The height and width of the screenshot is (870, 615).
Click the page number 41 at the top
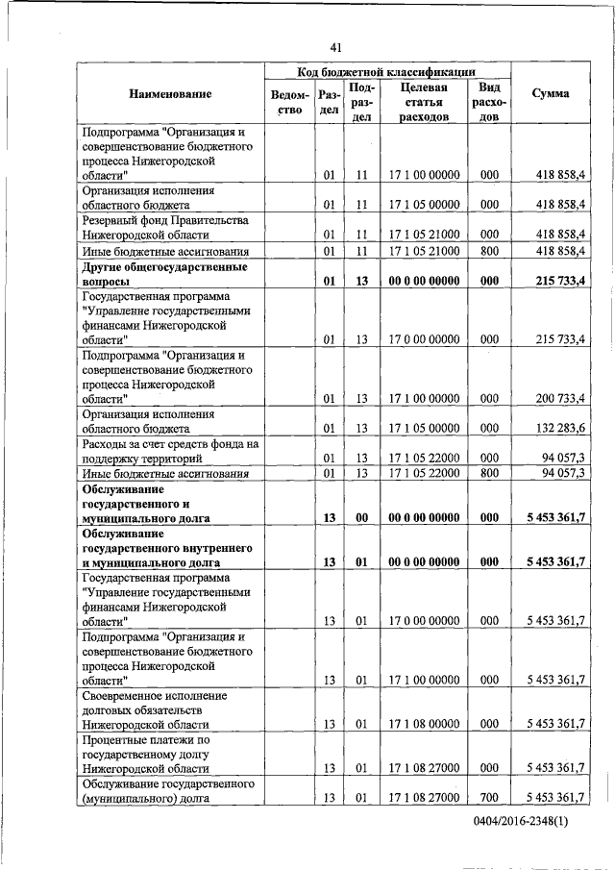pyautogui.click(x=334, y=47)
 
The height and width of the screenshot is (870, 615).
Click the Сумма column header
pyautogui.click(x=550, y=94)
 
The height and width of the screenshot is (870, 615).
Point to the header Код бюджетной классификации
pyautogui.click(x=388, y=72)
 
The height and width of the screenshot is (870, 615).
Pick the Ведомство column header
pyautogui.click(x=290, y=103)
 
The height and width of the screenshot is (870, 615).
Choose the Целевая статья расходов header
pyautogui.click(x=424, y=103)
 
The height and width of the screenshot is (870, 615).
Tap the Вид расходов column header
pyautogui.click(x=489, y=103)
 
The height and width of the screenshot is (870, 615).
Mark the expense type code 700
pyautogui.click(x=489, y=798)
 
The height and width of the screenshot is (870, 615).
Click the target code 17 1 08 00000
pyautogui.click(x=424, y=724)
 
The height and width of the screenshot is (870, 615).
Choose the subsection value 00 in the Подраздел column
pyautogui.click(x=362, y=517)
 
